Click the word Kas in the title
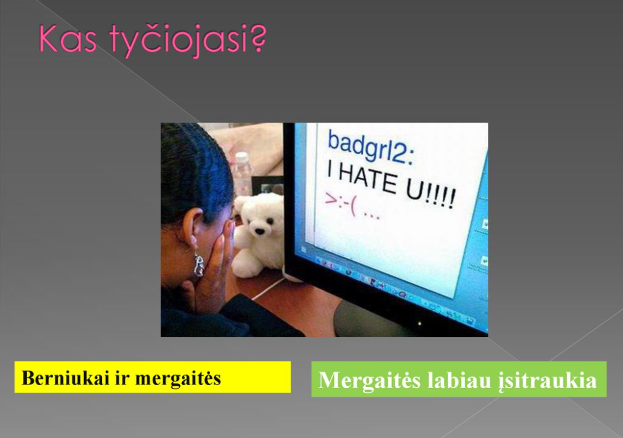coord(67,39)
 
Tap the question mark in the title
coord(257,39)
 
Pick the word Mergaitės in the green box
coord(369,380)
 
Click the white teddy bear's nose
coord(259,231)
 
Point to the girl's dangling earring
coord(199,264)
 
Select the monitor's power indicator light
coord(419,324)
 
